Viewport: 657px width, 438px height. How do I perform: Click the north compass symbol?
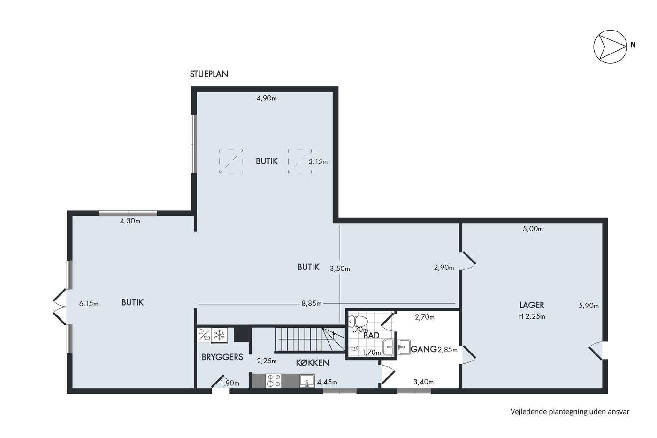pyautogui.click(x=611, y=46)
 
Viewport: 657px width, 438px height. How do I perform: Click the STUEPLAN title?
pyautogui.click(x=209, y=74)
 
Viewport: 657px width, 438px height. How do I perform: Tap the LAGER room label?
pyautogui.click(x=531, y=306)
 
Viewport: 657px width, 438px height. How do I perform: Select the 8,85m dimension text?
pyautogui.click(x=312, y=303)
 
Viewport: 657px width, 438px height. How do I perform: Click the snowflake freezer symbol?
pyautogui.click(x=220, y=335)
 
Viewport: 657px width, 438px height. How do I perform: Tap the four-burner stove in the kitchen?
pyautogui.click(x=273, y=381)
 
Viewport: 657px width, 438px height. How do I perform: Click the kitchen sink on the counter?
pyautogui.click(x=307, y=381)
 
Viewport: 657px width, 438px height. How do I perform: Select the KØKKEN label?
pyautogui.click(x=313, y=363)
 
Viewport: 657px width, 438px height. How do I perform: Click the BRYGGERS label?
pyautogui.click(x=222, y=357)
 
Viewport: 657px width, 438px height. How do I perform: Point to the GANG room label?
pyautogui.click(x=423, y=349)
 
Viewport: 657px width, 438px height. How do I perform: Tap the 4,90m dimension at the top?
pyautogui.click(x=267, y=98)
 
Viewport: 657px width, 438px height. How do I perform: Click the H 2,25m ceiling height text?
pyautogui.click(x=531, y=316)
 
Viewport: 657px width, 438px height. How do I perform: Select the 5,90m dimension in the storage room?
pyautogui.click(x=588, y=306)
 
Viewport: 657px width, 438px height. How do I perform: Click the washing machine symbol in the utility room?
pyautogui.click(x=204, y=335)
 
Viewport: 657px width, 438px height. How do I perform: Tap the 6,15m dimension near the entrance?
pyautogui.click(x=89, y=304)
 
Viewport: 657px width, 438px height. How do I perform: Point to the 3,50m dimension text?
pyautogui.click(x=340, y=269)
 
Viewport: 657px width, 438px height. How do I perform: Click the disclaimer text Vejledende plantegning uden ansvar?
pyautogui.click(x=570, y=412)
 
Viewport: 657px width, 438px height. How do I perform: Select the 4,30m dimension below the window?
pyautogui.click(x=130, y=221)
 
